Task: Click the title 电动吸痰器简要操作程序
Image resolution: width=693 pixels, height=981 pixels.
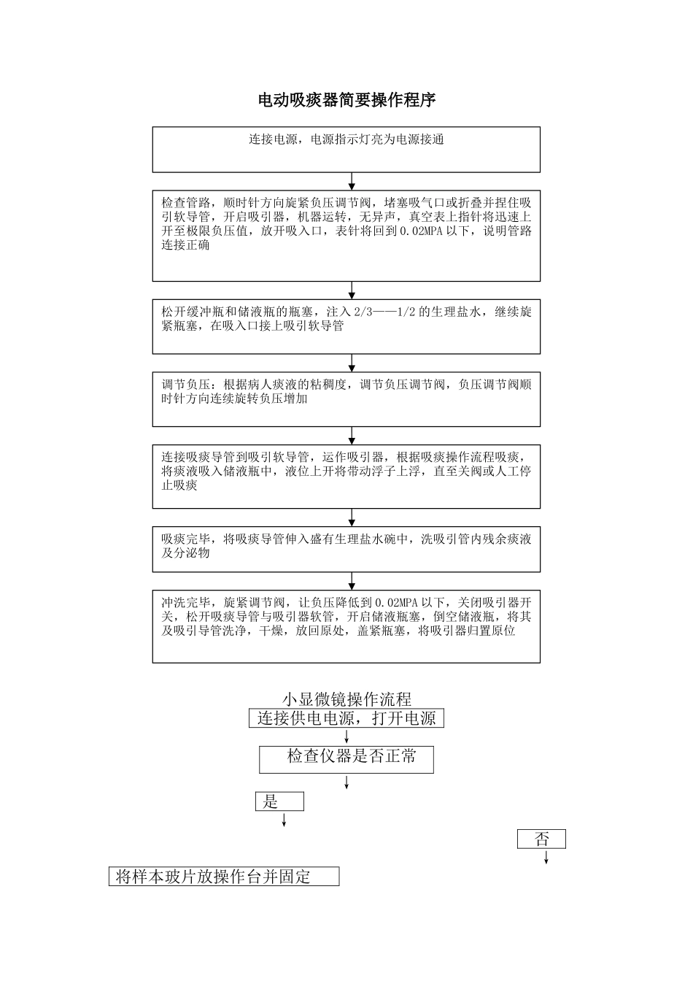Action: [346, 101]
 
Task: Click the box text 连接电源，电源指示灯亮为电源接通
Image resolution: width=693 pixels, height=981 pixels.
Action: [346, 139]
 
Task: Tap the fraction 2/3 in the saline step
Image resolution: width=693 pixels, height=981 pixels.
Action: [362, 312]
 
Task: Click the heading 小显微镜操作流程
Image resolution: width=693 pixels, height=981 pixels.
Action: [346, 699]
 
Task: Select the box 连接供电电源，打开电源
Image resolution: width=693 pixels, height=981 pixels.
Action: [346, 718]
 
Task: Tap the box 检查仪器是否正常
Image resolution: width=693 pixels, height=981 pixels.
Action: [346, 758]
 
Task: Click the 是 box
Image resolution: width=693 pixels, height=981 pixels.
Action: [279, 802]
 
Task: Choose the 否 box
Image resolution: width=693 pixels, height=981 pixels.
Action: [541, 839]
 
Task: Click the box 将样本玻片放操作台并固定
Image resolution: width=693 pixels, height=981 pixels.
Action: [224, 877]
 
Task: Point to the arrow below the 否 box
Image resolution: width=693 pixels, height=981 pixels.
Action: [546, 857]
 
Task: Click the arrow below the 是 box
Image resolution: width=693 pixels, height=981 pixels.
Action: [284, 820]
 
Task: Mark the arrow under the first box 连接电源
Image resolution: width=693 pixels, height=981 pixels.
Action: [352, 181]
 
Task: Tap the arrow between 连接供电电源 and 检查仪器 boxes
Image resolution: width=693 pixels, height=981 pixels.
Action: [346, 736]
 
